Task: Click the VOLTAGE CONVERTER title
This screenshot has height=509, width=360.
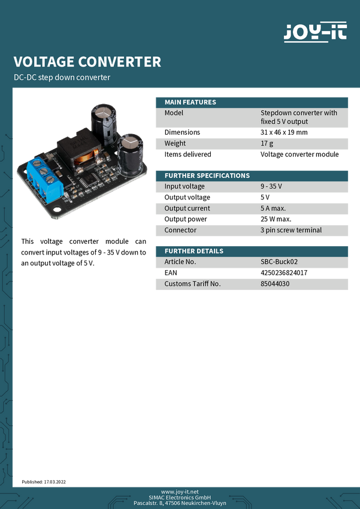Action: click(87, 62)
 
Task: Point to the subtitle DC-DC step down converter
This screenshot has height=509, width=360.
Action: click(62, 78)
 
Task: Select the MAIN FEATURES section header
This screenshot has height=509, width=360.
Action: click(190, 102)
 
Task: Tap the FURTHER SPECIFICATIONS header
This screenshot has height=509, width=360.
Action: click(207, 175)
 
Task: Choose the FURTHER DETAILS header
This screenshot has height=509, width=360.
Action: click(193, 251)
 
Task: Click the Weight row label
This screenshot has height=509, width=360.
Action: click(175, 143)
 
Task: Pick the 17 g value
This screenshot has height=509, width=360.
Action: click(267, 143)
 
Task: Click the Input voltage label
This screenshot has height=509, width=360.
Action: click(184, 186)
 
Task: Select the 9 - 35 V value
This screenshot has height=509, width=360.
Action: click(271, 186)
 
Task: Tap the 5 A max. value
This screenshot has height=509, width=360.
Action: click(273, 208)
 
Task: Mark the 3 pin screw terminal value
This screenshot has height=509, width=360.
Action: click(291, 230)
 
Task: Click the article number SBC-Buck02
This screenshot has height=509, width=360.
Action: click(279, 262)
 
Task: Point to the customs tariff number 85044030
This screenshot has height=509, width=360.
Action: click(275, 283)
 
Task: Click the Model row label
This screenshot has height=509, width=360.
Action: click(174, 113)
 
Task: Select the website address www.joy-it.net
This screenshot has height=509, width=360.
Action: click(180, 491)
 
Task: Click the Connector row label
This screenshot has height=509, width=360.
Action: click(180, 230)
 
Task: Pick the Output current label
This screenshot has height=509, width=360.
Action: click(187, 208)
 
